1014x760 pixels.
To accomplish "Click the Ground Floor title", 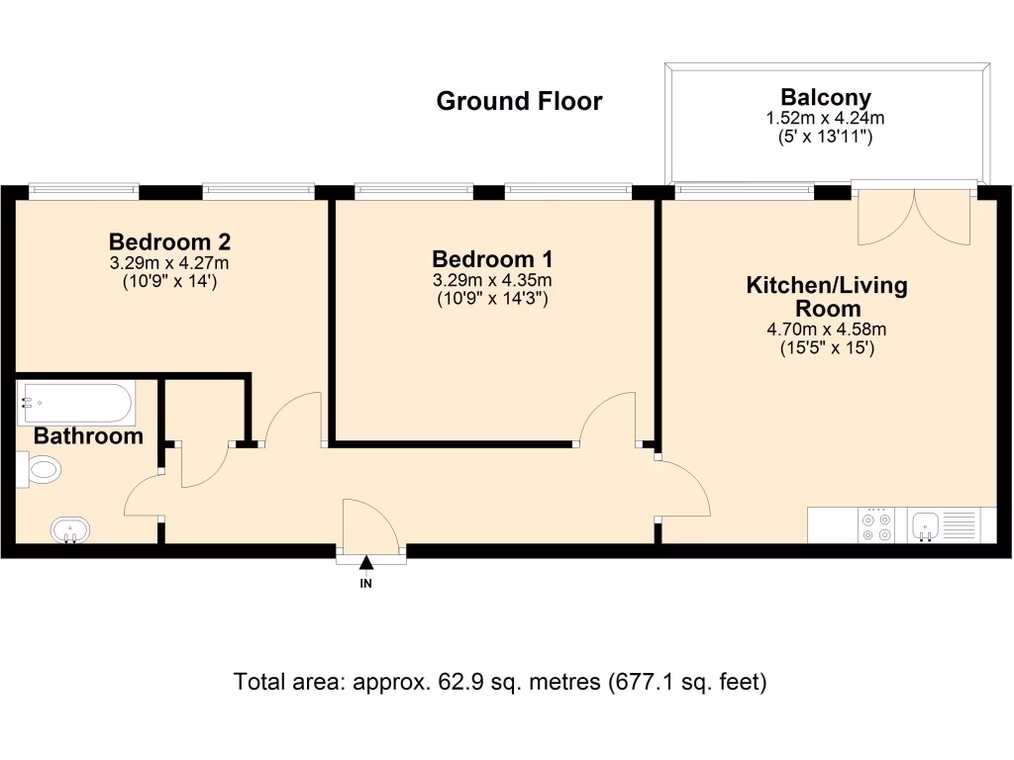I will click(519, 101).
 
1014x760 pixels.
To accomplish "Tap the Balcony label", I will click(826, 97).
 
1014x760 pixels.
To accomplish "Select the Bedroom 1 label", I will click(492, 259).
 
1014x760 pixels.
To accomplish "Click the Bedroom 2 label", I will click(169, 241).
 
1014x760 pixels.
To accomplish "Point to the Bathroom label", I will click(88, 436).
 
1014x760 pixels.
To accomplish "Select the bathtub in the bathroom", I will click(75, 403).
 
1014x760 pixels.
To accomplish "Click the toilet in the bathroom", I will click(43, 468).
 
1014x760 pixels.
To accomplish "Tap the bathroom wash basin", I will click(69, 530).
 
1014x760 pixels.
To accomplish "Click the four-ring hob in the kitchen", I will click(875, 525).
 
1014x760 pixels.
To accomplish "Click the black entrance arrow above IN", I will click(366, 564).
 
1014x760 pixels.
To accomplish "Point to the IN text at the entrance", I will click(366, 584).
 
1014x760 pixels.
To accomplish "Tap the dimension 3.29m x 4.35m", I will click(492, 281).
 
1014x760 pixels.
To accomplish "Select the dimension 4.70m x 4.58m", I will click(826, 331).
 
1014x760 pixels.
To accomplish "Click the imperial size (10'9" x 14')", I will click(169, 281).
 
